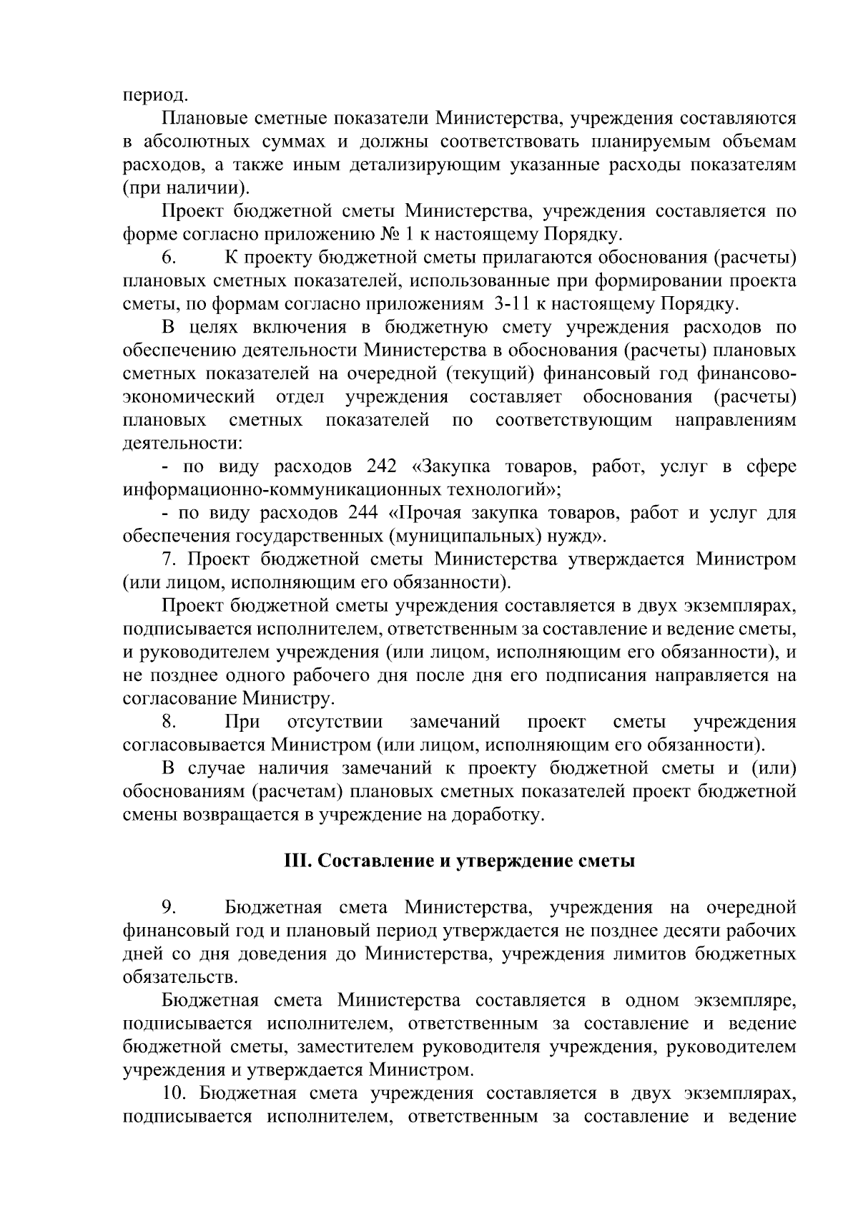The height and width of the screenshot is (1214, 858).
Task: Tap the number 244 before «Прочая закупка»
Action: (364, 514)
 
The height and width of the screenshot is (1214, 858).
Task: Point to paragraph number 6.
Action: (169, 258)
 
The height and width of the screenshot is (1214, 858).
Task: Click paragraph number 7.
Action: (169, 559)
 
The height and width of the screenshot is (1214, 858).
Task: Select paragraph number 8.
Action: (169, 721)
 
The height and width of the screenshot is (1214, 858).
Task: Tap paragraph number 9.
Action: (169, 908)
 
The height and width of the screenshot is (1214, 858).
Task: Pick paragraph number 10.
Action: (175, 1093)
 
